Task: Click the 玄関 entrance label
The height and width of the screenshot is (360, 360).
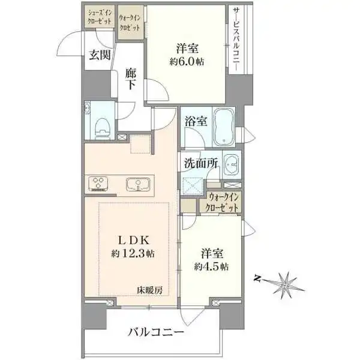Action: [100, 55]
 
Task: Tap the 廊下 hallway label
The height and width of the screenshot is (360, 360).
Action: [131, 79]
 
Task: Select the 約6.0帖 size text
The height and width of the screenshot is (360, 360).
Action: [187, 62]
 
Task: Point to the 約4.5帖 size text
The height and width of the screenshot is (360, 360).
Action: [211, 266]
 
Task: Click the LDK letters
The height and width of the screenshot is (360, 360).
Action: [134, 240]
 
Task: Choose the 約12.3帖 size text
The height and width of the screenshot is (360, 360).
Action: [133, 253]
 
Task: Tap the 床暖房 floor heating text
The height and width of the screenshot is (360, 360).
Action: [149, 290]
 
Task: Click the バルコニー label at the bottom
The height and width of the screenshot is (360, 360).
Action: [156, 332]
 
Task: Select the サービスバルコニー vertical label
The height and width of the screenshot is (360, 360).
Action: [236, 39]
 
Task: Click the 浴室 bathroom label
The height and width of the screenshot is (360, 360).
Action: [196, 121]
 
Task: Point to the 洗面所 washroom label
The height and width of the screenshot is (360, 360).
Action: [201, 163]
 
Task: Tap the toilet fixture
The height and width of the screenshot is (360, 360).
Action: [102, 129]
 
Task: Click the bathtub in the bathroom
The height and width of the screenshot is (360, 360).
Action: [224, 127]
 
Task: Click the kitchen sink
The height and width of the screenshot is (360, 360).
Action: [138, 185]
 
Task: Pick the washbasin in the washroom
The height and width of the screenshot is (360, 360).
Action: [232, 164]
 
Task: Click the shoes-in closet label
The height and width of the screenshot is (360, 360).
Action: [100, 17]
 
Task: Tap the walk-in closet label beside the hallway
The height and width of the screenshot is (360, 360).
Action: [130, 23]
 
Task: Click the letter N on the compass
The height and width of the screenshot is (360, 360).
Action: [257, 279]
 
